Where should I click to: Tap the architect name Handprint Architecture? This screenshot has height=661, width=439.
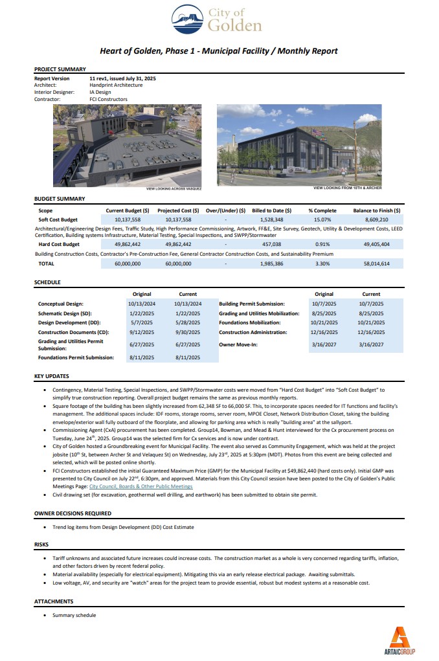pyautogui.click(x=116, y=85)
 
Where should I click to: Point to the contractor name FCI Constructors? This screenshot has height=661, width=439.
pyautogui.click(x=108, y=99)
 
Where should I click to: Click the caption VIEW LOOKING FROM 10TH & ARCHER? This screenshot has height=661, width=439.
pyautogui.click(x=347, y=188)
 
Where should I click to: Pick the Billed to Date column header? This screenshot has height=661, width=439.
pyautogui.click(x=271, y=210)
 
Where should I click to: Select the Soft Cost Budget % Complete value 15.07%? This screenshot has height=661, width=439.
pyautogui.click(x=323, y=220)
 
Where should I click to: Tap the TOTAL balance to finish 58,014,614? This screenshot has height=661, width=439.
pyautogui.click(x=376, y=264)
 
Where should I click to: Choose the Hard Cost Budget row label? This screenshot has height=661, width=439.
pyautogui.click(x=60, y=245)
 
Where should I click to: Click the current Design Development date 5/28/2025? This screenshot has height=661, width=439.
pyautogui.click(x=188, y=322)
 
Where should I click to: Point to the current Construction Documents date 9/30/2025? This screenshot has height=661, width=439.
pyautogui.click(x=188, y=332)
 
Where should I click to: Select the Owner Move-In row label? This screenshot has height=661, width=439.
pyautogui.click(x=238, y=344)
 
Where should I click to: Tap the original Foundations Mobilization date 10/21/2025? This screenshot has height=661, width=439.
pyautogui.click(x=324, y=322)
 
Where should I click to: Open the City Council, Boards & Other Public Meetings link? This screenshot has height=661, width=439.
pyautogui.click(x=141, y=486)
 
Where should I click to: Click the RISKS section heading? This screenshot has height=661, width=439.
pyautogui.click(x=41, y=544)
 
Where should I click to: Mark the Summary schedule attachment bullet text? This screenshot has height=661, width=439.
pyautogui.click(x=74, y=615)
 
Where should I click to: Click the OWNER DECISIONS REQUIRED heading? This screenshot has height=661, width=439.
pyautogui.click(x=73, y=513)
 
